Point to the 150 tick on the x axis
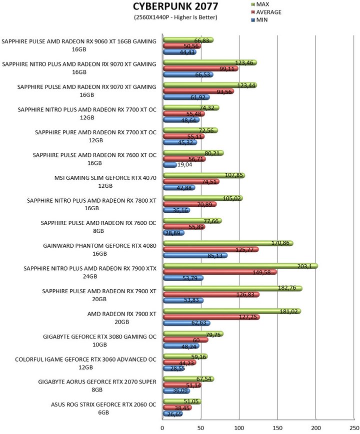[277, 428]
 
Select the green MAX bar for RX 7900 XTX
[240, 266]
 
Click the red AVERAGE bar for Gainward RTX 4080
[210, 249]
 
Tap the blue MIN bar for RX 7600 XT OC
[169, 165]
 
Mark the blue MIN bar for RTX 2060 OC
[172, 414]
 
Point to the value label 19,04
[186, 165]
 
